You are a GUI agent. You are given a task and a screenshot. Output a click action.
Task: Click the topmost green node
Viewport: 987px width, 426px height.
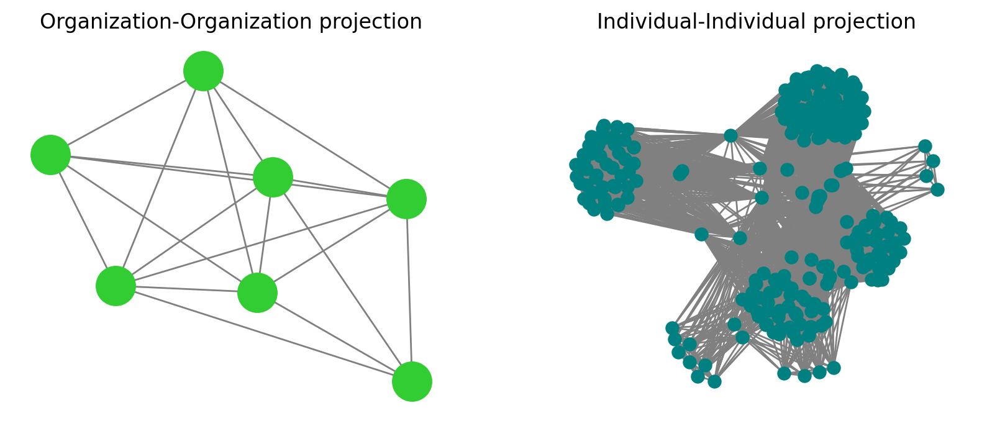pos(203,71)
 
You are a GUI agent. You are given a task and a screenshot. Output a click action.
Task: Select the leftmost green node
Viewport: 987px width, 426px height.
pos(50,155)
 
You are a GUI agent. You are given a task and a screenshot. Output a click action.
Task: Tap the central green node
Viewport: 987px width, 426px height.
pos(273,177)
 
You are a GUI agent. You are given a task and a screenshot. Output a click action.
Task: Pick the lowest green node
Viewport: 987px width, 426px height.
pos(412,381)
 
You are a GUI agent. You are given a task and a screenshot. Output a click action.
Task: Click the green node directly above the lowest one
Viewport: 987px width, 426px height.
pos(406,199)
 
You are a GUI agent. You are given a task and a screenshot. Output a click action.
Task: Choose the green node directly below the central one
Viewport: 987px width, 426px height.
pos(257,292)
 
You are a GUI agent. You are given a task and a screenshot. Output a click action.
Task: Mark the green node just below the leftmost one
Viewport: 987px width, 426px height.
pos(116,286)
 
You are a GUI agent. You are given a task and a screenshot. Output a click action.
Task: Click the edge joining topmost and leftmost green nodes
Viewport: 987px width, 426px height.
pos(127,112)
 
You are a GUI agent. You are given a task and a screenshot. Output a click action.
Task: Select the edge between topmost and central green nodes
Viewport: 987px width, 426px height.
pos(238,124)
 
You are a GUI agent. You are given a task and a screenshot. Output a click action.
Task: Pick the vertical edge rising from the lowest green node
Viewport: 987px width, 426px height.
pos(409,290)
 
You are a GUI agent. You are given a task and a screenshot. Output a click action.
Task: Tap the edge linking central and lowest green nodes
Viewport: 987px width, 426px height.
pos(342,279)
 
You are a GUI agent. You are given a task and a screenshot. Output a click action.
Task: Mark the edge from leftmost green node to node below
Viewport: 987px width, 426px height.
pos(83,220)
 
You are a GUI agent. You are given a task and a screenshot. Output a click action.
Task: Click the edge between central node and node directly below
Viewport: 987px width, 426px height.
pos(265,235)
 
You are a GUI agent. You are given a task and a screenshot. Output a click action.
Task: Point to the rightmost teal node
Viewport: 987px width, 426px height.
pos(937,189)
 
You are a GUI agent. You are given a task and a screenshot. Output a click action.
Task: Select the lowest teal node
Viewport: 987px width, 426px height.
pos(714,381)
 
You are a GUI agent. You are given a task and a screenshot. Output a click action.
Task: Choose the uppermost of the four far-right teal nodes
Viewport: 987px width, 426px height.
pos(925,146)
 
